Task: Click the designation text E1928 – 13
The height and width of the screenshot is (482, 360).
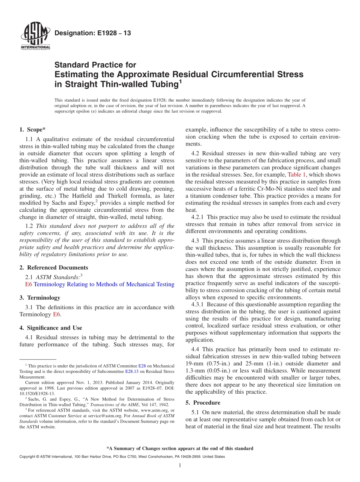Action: click(x=92, y=33)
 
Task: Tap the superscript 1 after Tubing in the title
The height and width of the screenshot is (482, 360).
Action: click(x=180, y=81)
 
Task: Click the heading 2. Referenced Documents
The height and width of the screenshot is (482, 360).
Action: click(x=53, y=268)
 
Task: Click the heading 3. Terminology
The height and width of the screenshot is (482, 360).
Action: click(x=40, y=298)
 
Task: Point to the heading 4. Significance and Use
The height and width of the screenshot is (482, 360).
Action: click(x=51, y=328)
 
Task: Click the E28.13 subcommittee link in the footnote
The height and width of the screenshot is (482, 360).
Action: click(x=132, y=372)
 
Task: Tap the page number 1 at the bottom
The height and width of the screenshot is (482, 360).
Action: click(x=180, y=465)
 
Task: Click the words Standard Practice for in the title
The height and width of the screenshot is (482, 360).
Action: click(x=95, y=65)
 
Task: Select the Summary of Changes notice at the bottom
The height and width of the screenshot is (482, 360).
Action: click(x=180, y=448)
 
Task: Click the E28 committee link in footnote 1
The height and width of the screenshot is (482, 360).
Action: click(x=142, y=366)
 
